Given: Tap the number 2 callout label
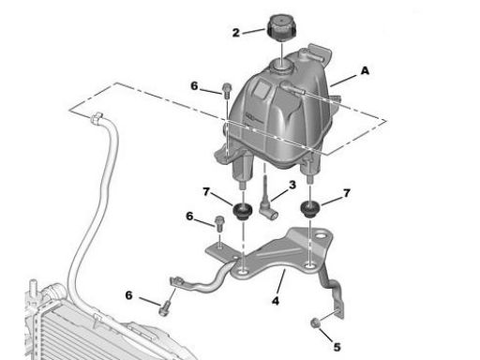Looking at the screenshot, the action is pyautogui.click(x=236, y=33).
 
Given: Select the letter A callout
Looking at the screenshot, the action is pyautogui.click(x=365, y=71).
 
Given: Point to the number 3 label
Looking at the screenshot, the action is pyautogui.click(x=292, y=185).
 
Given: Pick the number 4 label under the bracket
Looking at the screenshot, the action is pyautogui.click(x=276, y=301).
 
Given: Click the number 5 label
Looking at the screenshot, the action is pyautogui.click(x=337, y=347).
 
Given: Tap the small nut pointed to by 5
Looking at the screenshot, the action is pyautogui.click(x=315, y=322).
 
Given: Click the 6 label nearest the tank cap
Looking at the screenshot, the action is pyautogui.click(x=194, y=85).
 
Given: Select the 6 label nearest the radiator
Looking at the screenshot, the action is pyautogui.click(x=128, y=295).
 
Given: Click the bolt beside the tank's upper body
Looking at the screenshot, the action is pyautogui.click(x=227, y=90).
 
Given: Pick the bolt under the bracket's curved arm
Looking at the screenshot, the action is pyautogui.click(x=165, y=308).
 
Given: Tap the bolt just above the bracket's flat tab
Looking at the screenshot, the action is pyautogui.click(x=219, y=224).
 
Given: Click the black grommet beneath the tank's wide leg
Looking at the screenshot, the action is pyautogui.click(x=243, y=211).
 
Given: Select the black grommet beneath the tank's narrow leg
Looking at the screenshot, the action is pyautogui.click(x=310, y=209).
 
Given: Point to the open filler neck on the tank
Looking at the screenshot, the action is pyautogui.click(x=282, y=67).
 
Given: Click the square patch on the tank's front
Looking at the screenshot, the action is pyautogui.click(x=262, y=88).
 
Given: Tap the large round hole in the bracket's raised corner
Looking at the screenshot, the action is pyautogui.click(x=320, y=237).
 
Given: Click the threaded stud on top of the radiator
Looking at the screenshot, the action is pyautogui.click(x=33, y=288).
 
